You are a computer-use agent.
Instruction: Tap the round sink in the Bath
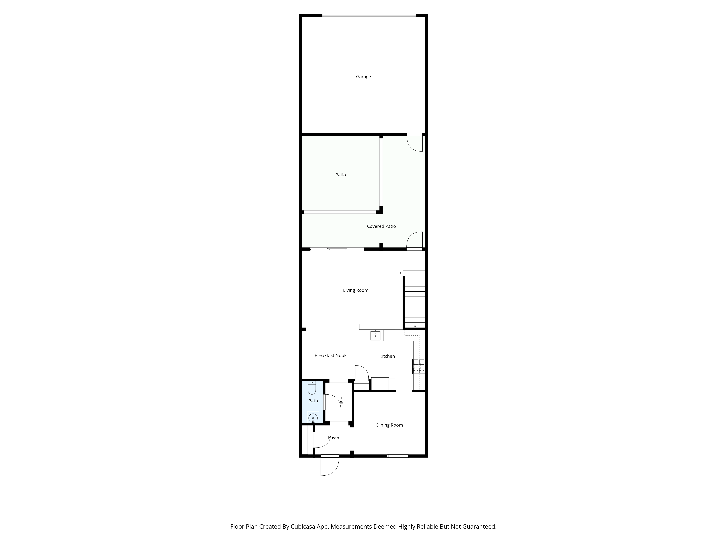(313, 418)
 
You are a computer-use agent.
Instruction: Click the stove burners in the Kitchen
(419, 366)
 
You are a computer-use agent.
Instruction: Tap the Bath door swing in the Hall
(332, 402)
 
